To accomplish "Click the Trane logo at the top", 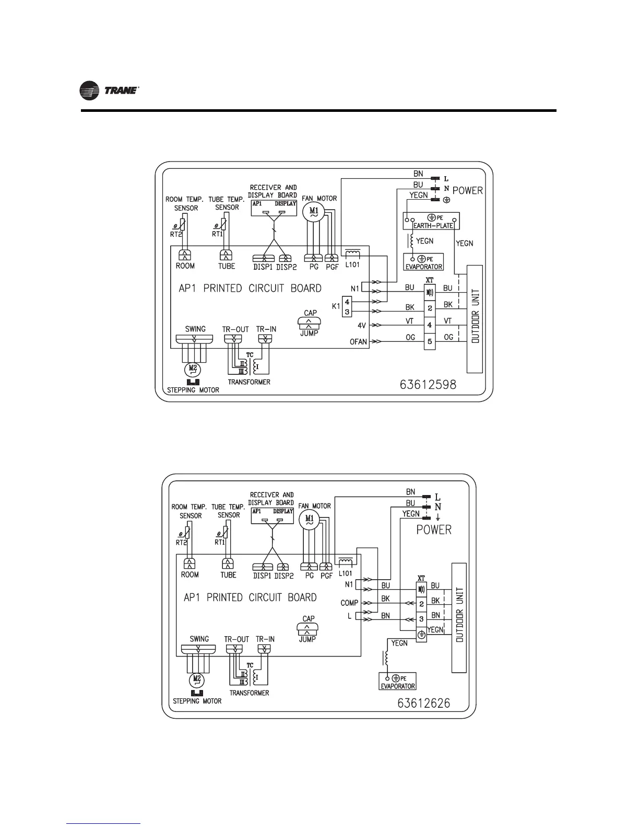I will [109, 91].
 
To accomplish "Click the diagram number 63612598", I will [428, 385].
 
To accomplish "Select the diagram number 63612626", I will [424, 703].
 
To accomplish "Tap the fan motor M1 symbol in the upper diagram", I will [314, 211].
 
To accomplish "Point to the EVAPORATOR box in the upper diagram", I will [423, 262].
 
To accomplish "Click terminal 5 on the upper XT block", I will [429, 342].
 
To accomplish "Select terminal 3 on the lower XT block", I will [421, 619].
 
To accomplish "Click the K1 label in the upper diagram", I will [336, 306].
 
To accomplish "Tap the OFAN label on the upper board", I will [359, 342].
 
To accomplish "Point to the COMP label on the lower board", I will [349, 603].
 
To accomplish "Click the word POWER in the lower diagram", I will [433, 530].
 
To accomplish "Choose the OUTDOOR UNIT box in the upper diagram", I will [474, 319].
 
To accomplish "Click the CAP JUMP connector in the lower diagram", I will [307, 628].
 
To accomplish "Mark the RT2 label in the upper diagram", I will [176, 234].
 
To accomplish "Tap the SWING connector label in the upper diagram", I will [195, 329].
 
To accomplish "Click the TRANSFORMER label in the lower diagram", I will [249, 693].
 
